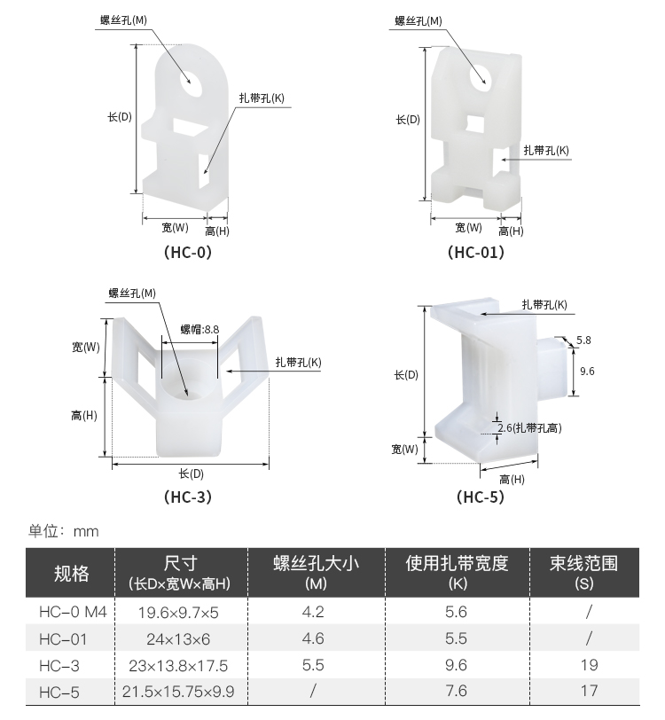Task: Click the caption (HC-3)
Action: coord(188,497)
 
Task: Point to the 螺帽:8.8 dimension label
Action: coord(199,329)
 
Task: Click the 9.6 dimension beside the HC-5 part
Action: coord(586,371)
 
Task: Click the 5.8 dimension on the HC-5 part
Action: coord(583,340)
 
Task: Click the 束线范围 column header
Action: coord(583,563)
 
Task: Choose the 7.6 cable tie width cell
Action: coord(456,691)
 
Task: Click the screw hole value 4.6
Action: coord(313,638)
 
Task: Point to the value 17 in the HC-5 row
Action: coord(588,691)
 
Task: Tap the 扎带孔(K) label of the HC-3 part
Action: coord(298,362)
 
